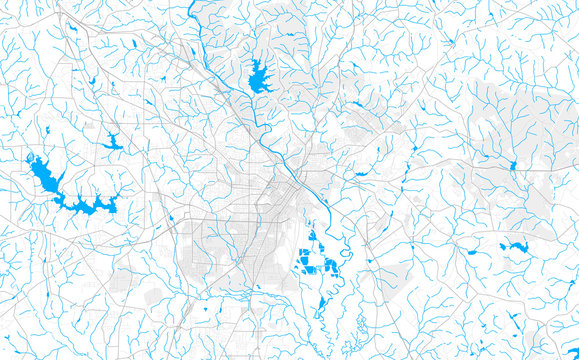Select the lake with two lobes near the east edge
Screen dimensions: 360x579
click(x=516, y=246)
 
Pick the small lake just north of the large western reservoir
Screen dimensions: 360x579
click(x=112, y=143)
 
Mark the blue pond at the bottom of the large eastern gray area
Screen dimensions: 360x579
click(x=513, y=166)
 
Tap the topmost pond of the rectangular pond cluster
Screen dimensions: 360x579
click(x=310, y=238)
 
